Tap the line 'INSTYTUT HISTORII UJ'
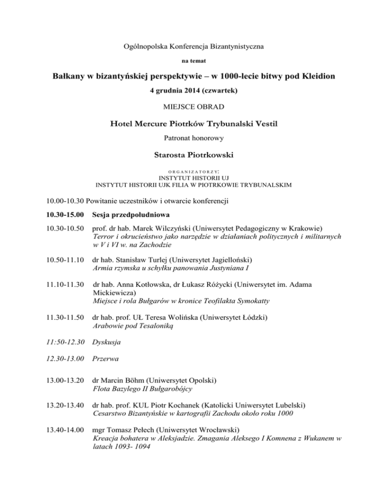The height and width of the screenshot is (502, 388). coord(194,177)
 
